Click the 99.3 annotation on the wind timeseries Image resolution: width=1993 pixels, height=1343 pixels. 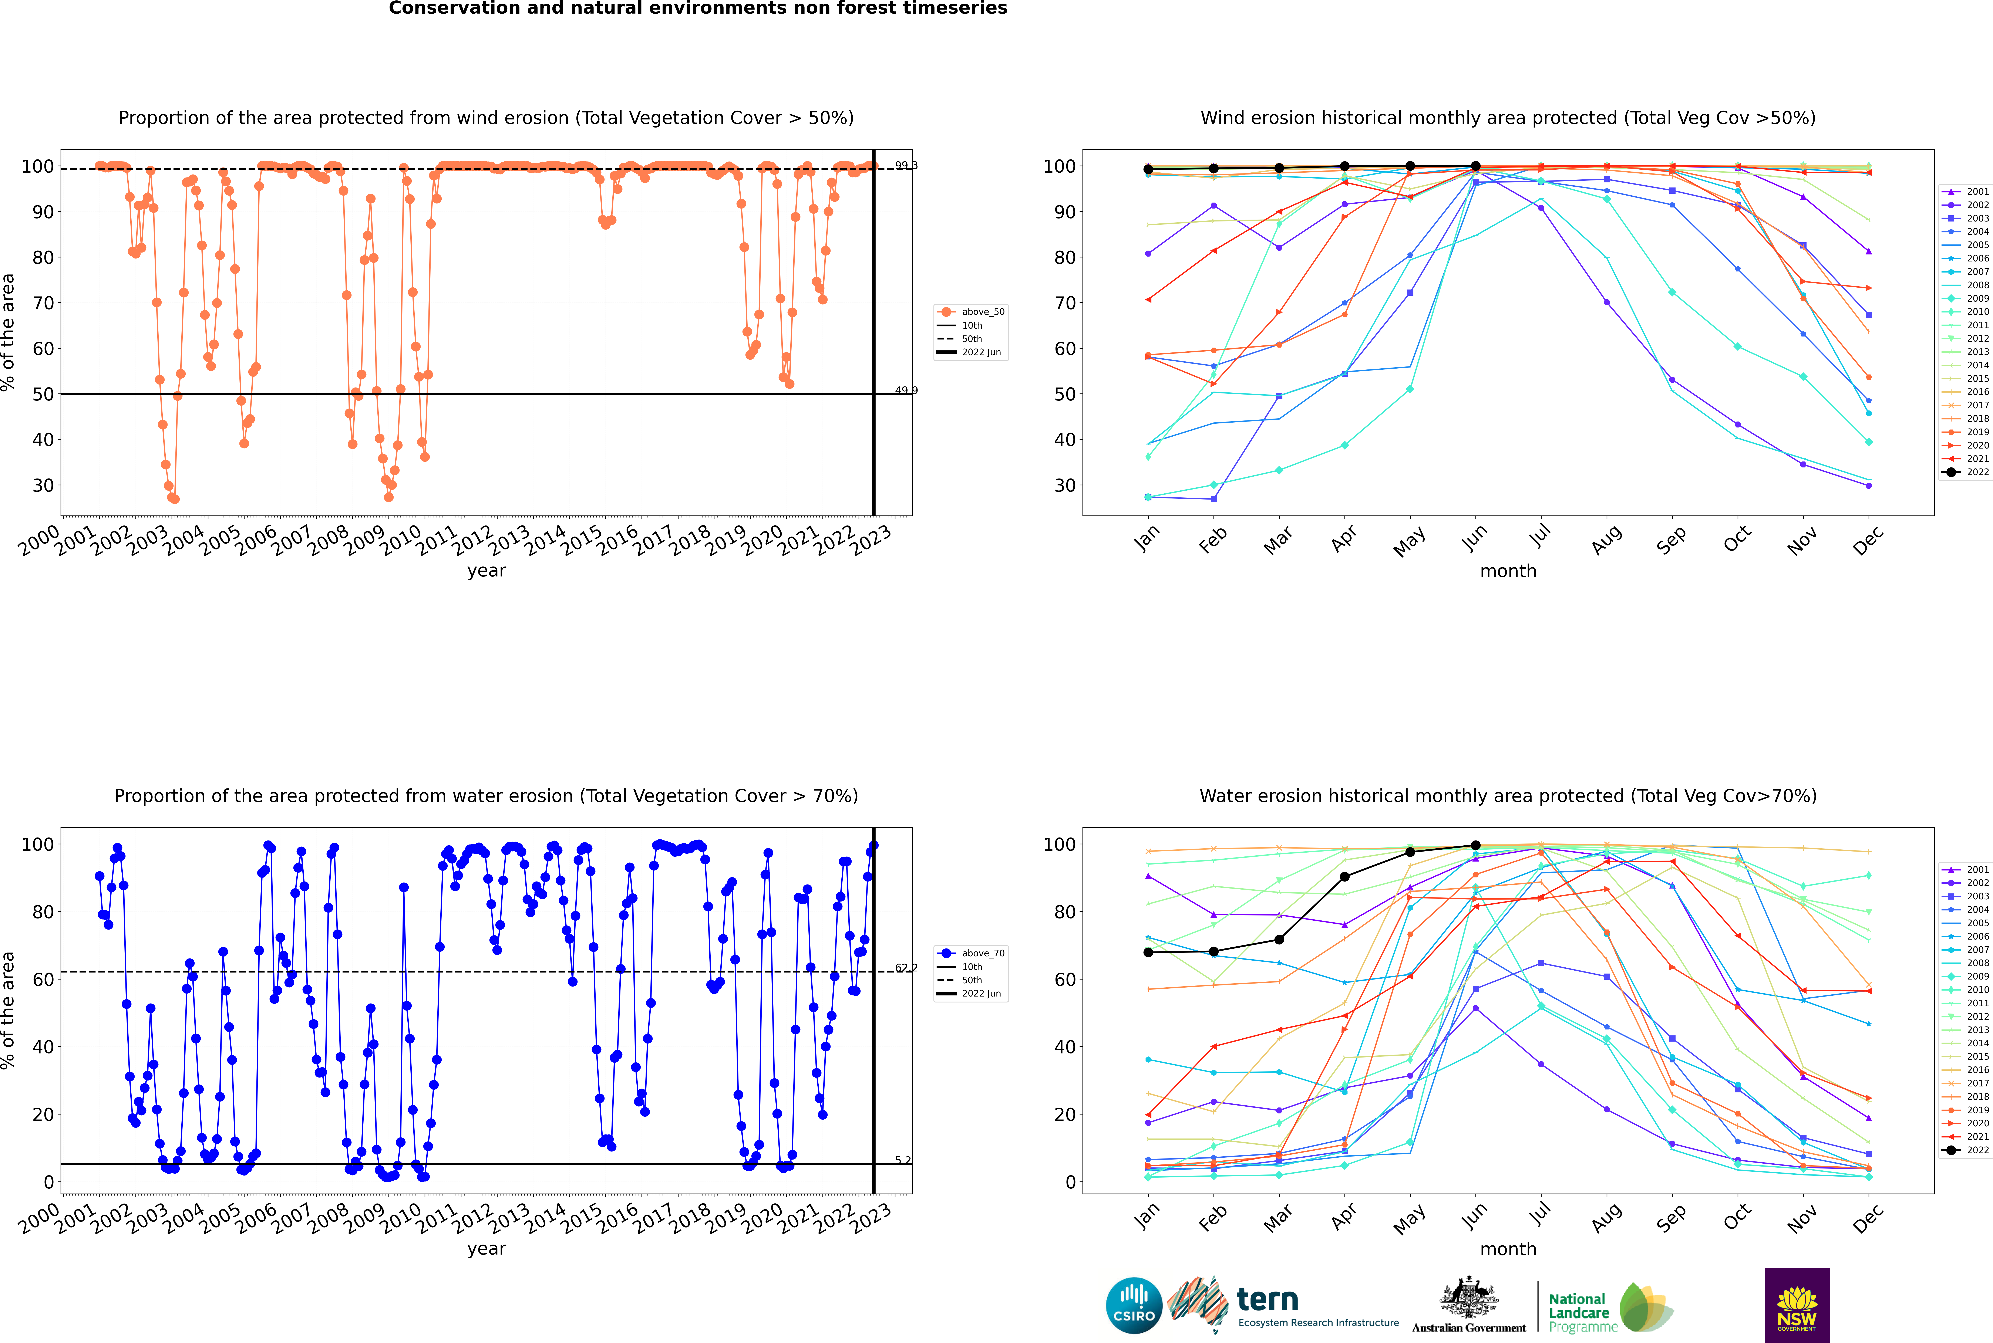(x=906, y=165)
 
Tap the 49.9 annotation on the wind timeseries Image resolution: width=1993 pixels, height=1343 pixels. (x=906, y=390)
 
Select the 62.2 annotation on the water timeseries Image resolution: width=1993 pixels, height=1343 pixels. (x=906, y=968)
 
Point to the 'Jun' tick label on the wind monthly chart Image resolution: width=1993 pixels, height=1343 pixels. (x=1475, y=538)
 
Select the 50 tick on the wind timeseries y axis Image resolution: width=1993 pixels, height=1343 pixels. (x=43, y=394)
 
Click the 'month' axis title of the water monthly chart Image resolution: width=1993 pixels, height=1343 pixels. (x=1508, y=1249)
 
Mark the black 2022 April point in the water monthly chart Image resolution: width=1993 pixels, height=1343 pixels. (x=1344, y=876)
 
